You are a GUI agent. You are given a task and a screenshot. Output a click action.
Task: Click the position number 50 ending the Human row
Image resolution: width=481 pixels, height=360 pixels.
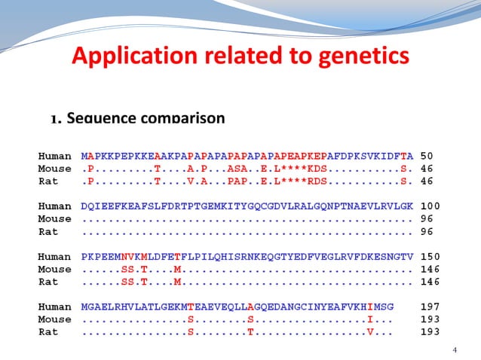point(427,155)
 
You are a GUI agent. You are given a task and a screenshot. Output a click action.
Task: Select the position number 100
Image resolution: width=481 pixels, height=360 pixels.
point(430,206)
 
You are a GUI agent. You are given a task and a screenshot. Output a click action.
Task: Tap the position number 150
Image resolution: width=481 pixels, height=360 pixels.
point(430,256)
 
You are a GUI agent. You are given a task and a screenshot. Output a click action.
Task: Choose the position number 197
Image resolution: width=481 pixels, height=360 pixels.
point(430,307)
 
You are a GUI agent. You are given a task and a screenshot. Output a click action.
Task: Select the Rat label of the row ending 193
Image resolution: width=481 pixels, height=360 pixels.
point(48,332)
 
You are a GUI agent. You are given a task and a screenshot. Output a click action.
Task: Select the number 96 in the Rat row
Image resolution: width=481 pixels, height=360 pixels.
point(427,231)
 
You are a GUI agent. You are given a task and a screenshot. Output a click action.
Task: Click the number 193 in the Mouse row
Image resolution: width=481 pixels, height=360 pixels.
point(430,319)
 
